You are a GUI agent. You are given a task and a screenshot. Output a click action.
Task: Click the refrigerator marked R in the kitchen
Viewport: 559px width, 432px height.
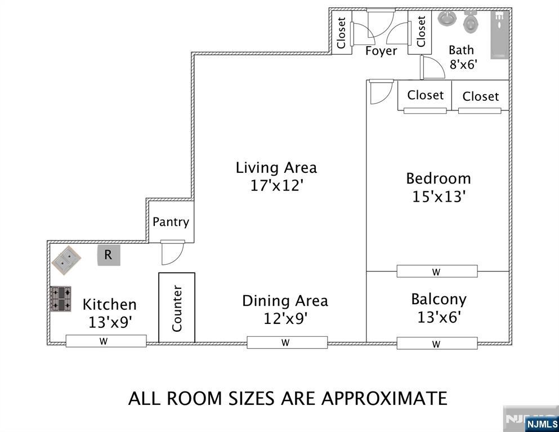tap(108, 255)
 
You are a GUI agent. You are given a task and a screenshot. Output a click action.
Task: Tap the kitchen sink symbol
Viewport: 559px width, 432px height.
tap(66, 260)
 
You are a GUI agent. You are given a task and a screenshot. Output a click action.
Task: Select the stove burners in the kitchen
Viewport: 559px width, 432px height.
tap(60, 299)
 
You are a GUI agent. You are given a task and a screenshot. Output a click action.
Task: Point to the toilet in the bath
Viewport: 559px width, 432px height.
tap(470, 22)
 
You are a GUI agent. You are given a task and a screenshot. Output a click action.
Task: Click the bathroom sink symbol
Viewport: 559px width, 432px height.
tap(446, 19)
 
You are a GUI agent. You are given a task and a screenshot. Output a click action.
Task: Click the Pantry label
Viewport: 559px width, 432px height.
tap(171, 222)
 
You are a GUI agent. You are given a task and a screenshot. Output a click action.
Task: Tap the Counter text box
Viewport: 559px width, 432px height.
tap(177, 308)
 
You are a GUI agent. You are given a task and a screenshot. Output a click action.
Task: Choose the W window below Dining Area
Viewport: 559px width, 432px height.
tap(287, 342)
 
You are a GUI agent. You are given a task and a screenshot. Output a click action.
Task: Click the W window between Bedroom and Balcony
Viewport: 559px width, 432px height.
tap(437, 271)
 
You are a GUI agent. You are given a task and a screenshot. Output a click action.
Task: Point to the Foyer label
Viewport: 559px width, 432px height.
tap(381, 51)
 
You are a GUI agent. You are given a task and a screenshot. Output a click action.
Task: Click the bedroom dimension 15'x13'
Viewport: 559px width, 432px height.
tap(438, 197)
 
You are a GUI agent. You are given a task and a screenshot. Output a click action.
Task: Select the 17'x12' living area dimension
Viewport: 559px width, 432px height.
tap(276, 185)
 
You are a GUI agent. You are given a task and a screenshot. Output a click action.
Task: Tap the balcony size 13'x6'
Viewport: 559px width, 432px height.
tap(439, 317)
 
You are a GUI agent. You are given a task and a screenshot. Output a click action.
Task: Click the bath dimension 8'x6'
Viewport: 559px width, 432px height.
tap(463, 64)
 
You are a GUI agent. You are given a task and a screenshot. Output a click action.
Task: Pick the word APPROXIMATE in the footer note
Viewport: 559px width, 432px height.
tap(384, 398)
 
